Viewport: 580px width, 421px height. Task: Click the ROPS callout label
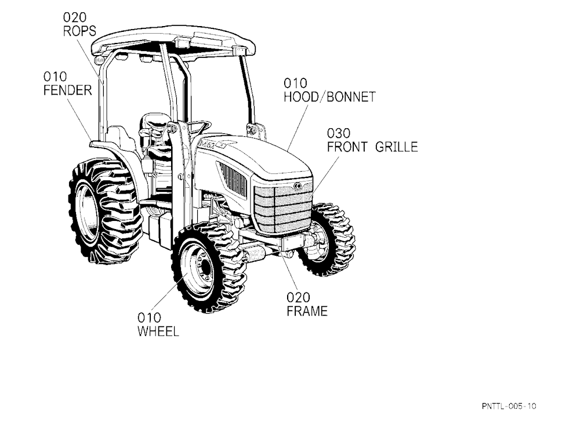pyautogui.click(x=79, y=31)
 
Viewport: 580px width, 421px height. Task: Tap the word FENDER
pyautogui.click(x=68, y=90)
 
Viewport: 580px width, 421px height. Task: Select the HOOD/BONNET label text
pyautogui.click(x=329, y=97)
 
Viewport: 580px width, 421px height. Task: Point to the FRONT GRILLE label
pyautogui.click(x=372, y=147)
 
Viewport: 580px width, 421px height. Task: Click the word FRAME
pyautogui.click(x=307, y=311)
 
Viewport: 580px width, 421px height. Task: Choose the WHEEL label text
pyautogui.click(x=158, y=331)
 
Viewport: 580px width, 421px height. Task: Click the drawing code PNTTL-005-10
pyautogui.click(x=509, y=406)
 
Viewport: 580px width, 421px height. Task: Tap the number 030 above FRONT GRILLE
pyautogui.click(x=339, y=133)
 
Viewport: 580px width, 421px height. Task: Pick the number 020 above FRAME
pyautogui.click(x=298, y=297)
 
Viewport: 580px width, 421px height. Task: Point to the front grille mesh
pyautogui.click(x=283, y=208)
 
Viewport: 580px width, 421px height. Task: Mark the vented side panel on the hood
pyautogui.click(x=233, y=180)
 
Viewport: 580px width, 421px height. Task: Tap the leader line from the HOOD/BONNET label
pyautogui.click(x=298, y=128)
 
